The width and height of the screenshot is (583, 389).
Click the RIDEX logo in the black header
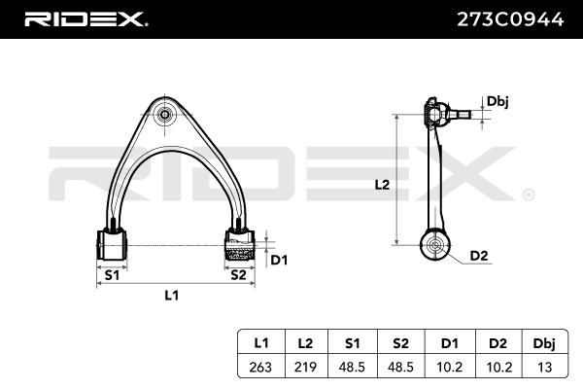[86, 19]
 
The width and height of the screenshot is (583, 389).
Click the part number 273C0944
[510, 19]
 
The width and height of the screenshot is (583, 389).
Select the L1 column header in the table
[261, 343]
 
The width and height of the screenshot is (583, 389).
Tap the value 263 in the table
[260, 367]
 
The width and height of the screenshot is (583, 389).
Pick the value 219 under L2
[305, 367]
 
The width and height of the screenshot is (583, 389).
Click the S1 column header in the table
[352, 343]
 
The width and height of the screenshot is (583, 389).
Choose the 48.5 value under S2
[400, 367]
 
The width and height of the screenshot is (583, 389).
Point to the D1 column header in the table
[450, 343]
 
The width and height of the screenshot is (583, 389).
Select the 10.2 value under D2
[499, 367]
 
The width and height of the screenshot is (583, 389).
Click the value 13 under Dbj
[545, 367]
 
